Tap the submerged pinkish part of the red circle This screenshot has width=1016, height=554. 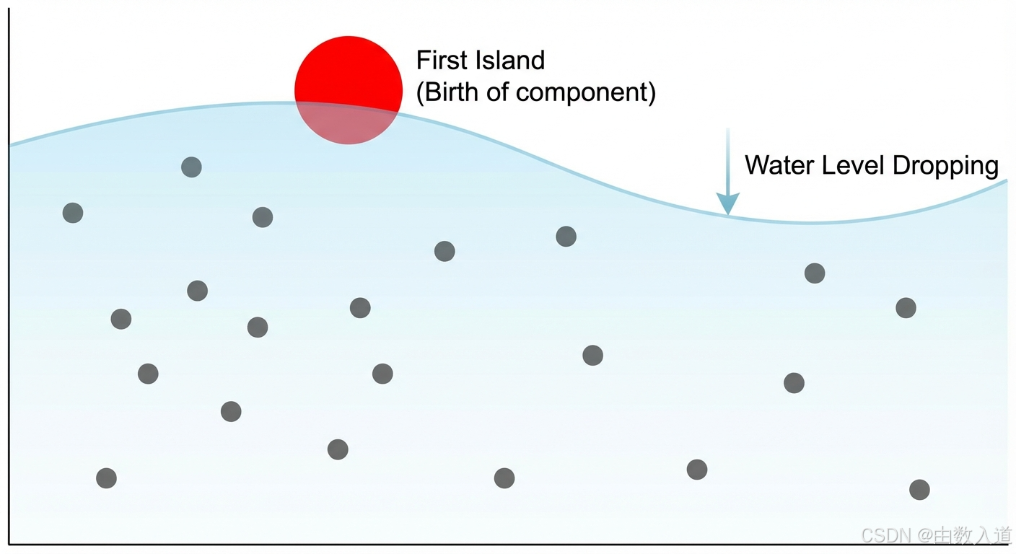[348, 125]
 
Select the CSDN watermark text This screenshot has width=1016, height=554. [886, 535]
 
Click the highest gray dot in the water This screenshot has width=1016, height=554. [191, 167]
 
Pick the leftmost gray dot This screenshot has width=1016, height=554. [73, 213]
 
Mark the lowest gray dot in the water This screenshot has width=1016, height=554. [919, 490]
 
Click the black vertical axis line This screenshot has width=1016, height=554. [9, 289]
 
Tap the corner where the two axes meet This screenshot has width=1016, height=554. [9, 543]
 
